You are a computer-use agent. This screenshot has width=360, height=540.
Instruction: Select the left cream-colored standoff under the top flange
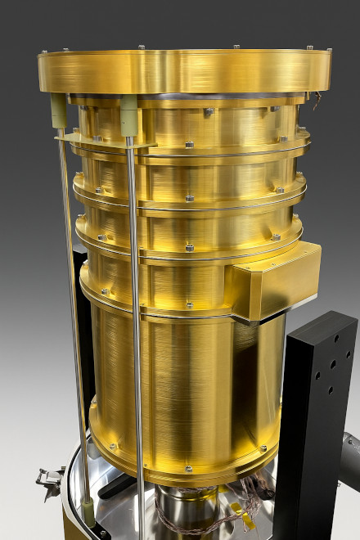coord(59,110)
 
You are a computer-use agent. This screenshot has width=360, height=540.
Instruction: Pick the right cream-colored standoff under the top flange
coord(128,114)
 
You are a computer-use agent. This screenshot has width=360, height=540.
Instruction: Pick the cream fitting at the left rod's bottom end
coord(87,511)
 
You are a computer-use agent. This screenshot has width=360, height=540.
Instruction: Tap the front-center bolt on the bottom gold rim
coord(187,469)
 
